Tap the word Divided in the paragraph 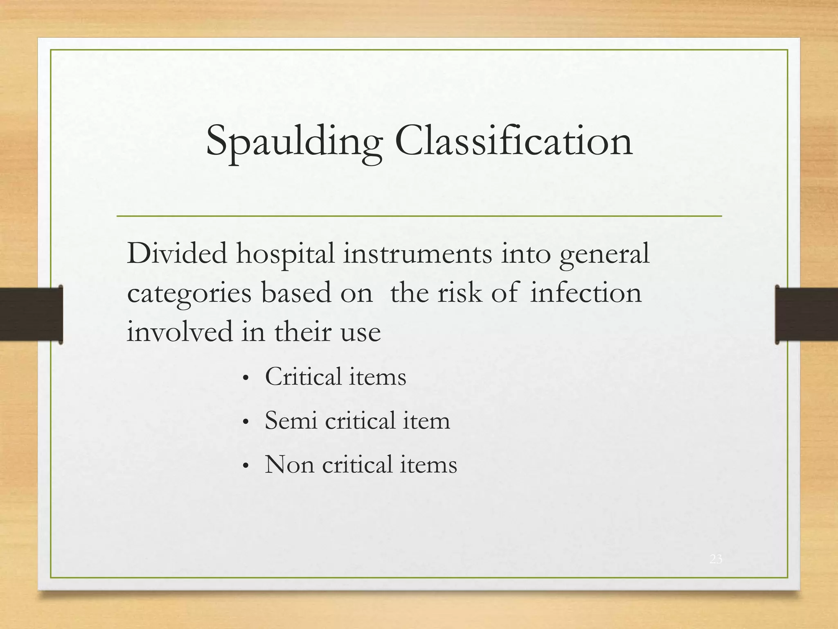(x=177, y=253)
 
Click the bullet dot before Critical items (x=246, y=379)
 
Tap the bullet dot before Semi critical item (x=246, y=423)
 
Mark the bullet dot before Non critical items (x=246, y=466)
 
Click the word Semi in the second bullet (x=291, y=421)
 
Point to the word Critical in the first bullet (x=303, y=376)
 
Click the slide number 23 (x=716, y=559)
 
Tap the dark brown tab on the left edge (x=31, y=314)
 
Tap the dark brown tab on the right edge (x=806, y=314)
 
